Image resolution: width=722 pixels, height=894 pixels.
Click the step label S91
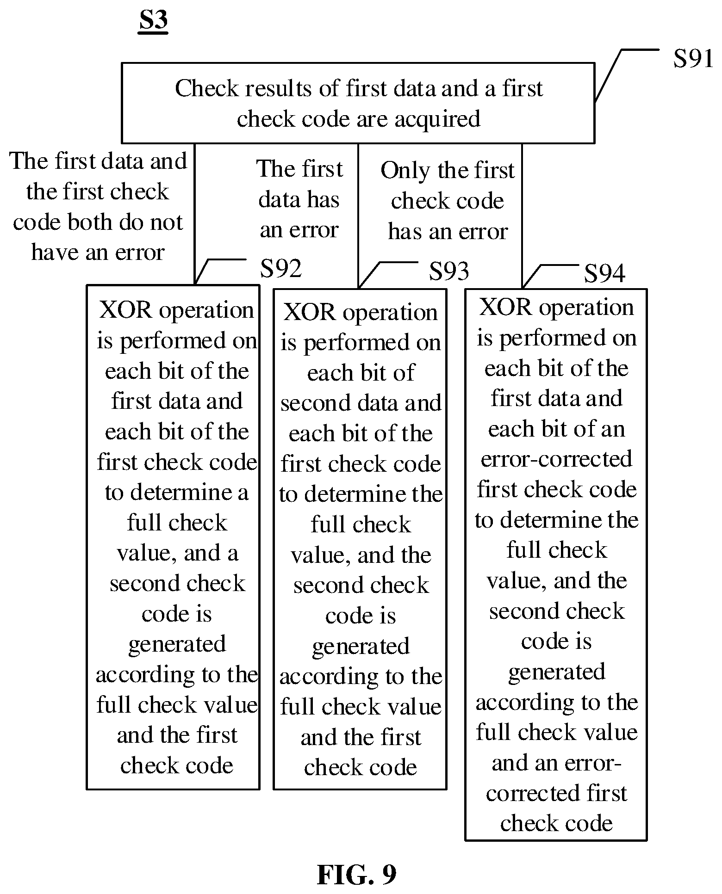[693, 59]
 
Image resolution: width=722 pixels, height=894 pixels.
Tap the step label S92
[281, 268]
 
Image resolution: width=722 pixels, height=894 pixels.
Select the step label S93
[449, 271]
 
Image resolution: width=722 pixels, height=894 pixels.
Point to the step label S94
[604, 273]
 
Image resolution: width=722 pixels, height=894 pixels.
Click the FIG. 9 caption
[356, 875]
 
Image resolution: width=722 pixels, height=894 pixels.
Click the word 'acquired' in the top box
[437, 119]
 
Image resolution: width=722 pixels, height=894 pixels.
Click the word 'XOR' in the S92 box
[125, 310]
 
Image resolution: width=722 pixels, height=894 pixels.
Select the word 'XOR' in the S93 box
[309, 312]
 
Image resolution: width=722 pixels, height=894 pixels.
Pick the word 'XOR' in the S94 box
[505, 307]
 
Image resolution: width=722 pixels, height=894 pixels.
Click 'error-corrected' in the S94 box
[556, 459]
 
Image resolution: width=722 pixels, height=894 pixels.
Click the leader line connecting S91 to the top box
[626, 75]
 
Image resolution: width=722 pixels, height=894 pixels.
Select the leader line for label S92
[220, 271]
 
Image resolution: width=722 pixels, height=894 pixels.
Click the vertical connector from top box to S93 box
[358, 216]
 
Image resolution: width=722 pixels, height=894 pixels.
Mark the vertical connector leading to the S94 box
[522, 216]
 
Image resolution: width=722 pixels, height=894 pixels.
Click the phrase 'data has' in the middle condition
[299, 199]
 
